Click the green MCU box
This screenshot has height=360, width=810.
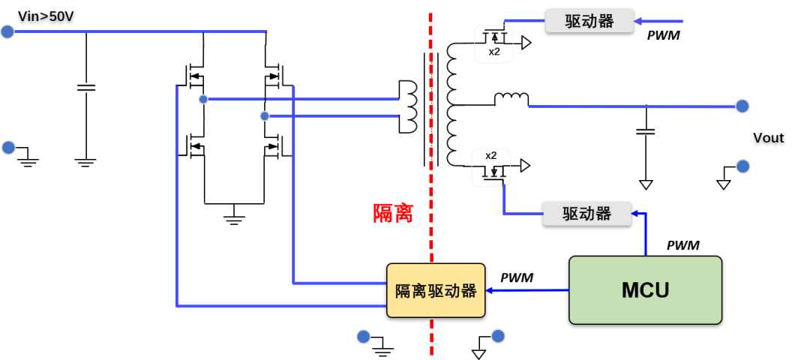coord(645,290)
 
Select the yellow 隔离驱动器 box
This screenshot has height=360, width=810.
coord(436,290)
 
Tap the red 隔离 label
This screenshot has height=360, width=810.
coord(393,213)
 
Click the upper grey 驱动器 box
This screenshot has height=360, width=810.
coord(589,21)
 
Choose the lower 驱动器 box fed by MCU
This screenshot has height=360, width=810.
coord(587,214)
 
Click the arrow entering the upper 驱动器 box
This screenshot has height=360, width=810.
coord(659,21)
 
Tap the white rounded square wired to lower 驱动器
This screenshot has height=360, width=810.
coord(491,168)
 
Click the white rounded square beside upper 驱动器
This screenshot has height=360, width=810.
coord(493,44)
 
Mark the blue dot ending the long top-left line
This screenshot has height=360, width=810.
coord(7,31)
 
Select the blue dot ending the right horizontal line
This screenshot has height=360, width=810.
coord(742,106)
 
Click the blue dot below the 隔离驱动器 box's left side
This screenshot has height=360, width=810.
coord(363,336)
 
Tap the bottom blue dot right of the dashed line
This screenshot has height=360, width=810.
coord(498,336)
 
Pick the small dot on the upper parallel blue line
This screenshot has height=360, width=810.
coord(203,99)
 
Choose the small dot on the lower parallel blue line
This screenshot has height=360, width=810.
coord(265,116)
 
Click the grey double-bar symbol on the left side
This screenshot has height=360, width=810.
coord(86,88)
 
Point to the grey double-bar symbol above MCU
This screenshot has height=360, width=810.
coord(646,131)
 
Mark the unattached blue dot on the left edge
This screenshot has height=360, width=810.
coord(8,148)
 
